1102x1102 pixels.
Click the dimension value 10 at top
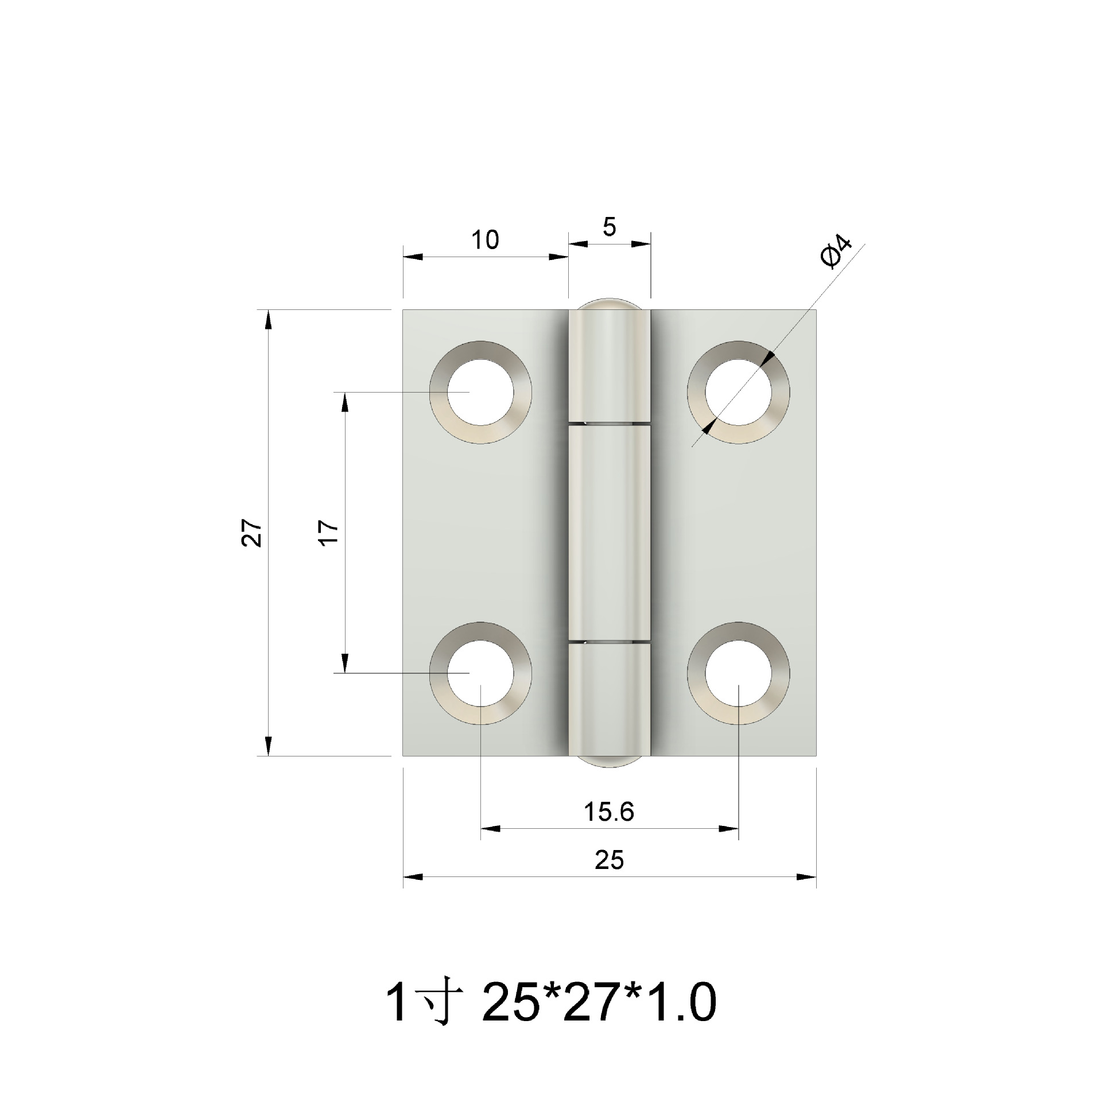tap(485, 240)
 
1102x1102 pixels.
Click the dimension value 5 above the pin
tap(609, 228)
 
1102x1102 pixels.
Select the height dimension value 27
tap(252, 533)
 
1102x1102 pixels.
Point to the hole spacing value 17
tap(329, 533)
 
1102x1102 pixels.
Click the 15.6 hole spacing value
tap(608, 812)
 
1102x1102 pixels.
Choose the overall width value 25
tap(608, 860)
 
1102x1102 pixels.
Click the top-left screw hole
tap(481, 392)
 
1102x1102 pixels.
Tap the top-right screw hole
tap(739, 392)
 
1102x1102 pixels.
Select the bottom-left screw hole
tap(481, 673)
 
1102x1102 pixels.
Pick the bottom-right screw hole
tap(739, 673)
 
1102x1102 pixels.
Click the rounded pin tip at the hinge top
tap(609, 304)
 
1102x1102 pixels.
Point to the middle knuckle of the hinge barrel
tap(609, 533)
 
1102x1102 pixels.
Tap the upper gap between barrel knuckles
tap(609, 424)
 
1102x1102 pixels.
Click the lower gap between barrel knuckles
tap(609, 641)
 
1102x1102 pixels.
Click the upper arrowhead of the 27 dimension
tap(268, 319)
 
